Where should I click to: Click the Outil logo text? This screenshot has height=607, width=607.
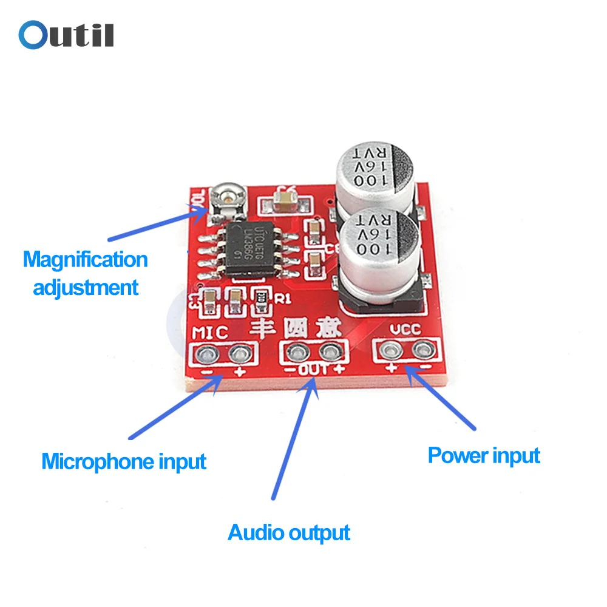(66, 35)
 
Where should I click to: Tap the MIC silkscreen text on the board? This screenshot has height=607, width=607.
(210, 333)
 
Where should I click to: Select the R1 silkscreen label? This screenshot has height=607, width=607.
(283, 298)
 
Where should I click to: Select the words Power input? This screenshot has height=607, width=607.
(484, 455)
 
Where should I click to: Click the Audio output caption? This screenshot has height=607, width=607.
(289, 533)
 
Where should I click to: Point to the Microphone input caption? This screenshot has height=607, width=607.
(124, 461)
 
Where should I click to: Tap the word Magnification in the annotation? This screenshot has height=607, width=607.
(86, 260)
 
